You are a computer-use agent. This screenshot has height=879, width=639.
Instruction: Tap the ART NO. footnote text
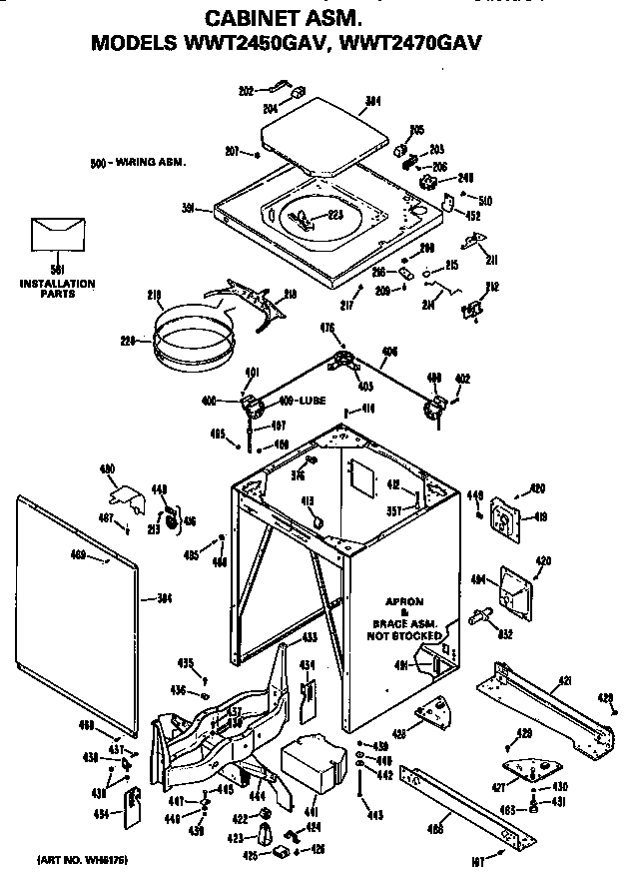point(83,859)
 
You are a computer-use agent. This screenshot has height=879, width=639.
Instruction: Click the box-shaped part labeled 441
point(309,768)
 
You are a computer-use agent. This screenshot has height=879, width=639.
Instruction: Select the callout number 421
point(564,680)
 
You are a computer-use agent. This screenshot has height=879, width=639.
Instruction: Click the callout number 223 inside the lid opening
point(334,215)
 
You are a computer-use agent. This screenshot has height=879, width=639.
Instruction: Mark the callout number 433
point(311,636)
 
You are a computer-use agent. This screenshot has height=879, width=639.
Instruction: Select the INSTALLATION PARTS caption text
point(58,288)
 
